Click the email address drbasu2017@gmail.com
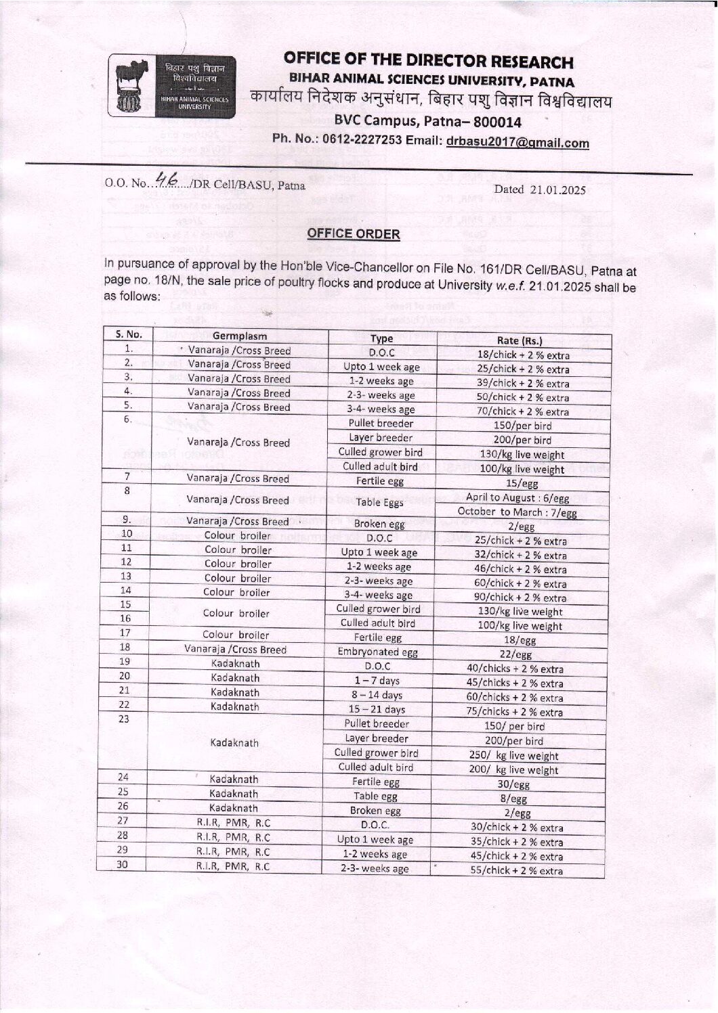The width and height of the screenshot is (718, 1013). click(518, 143)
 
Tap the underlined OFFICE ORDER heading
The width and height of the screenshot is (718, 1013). click(354, 234)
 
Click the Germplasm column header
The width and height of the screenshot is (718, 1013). click(239, 336)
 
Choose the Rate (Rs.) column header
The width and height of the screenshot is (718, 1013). click(520, 340)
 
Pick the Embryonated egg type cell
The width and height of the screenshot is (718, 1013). click(377, 652)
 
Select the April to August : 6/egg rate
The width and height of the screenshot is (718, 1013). click(518, 498)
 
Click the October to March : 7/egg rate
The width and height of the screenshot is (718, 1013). click(518, 512)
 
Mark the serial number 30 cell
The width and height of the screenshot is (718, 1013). click(123, 864)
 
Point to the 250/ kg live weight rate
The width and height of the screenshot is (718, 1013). click(514, 756)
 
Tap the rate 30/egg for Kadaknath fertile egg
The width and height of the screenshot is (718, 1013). click(517, 785)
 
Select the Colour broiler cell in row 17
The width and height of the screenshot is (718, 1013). click(236, 635)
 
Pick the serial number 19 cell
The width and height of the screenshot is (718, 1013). click(124, 662)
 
